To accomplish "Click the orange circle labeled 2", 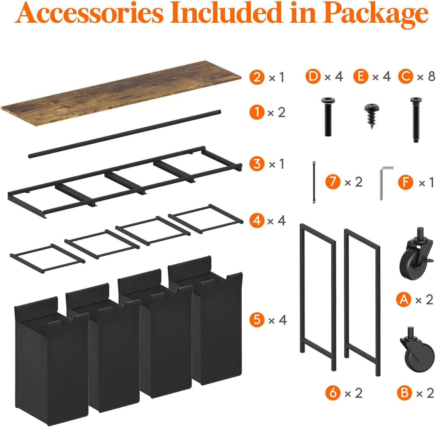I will click(x=257, y=77).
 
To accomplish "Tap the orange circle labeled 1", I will click(x=257, y=112).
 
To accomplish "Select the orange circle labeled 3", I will click(x=257, y=164).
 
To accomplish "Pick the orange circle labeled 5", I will click(x=257, y=320).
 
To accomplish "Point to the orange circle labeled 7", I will click(x=333, y=182).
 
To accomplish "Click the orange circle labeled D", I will click(x=313, y=77).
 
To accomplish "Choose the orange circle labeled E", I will click(x=361, y=77).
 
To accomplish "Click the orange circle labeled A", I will click(x=404, y=299).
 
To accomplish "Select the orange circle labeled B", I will click(x=405, y=393).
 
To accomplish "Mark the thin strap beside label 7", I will click(x=314, y=182).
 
